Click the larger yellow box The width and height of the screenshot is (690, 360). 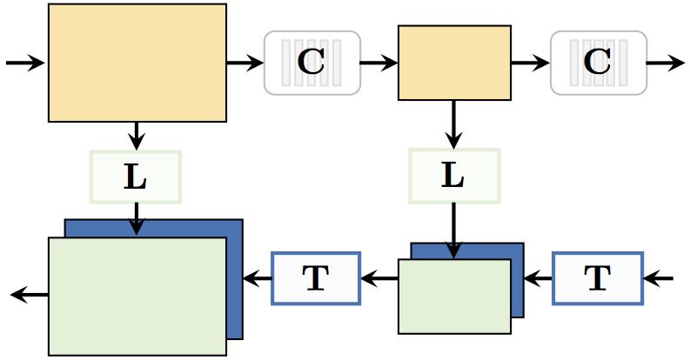coord(137,63)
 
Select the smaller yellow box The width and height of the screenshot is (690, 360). coord(454,63)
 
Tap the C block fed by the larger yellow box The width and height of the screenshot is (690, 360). coord(312,63)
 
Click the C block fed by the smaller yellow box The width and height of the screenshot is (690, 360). coord(598,63)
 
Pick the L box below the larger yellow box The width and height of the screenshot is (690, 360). coord(136,177)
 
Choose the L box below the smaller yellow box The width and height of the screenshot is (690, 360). coord(454,176)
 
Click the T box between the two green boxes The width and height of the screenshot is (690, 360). coord(315,278)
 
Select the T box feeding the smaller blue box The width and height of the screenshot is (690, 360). coord(597,278)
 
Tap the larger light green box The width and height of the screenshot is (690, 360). coord(137,296)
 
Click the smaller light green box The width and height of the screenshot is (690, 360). coord(454,296)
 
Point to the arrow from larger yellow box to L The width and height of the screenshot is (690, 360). coord(136,136)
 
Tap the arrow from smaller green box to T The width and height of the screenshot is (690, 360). coord(379,278)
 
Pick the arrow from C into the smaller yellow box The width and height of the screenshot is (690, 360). coord(378,63)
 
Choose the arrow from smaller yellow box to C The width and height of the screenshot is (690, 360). coord(530,63)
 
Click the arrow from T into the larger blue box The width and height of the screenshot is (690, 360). coord(258,278)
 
